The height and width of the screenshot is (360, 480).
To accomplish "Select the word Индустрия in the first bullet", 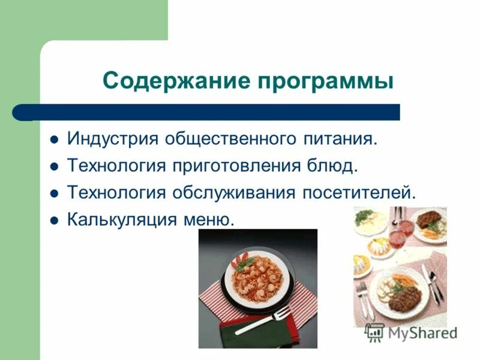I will pos(112,139).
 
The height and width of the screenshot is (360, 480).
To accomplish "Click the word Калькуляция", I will pos(121,218).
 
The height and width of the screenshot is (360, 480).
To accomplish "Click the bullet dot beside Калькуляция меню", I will pos(54,220).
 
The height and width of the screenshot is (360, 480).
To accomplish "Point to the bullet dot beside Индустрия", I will pos(54,140).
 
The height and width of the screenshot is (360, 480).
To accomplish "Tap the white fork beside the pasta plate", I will pos(264,321).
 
